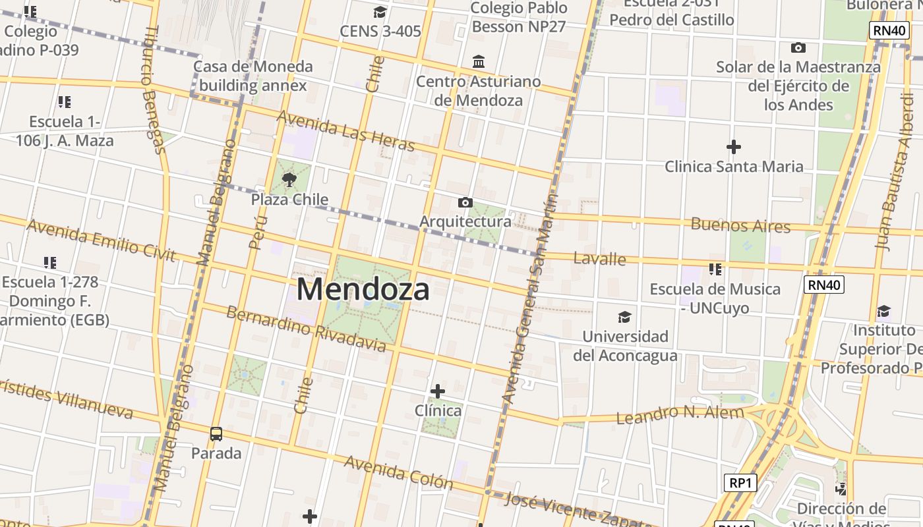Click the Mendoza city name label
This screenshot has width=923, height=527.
click(363, 289)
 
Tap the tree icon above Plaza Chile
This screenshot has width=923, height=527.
click(289, 179)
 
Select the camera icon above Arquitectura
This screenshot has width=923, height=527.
click(465, 202)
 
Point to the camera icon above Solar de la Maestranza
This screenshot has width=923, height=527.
click(798, 47)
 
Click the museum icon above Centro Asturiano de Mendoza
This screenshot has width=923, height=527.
click(479, 62)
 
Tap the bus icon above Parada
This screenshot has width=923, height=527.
click(216, 433)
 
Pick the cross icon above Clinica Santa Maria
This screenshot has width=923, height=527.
click(733, 147)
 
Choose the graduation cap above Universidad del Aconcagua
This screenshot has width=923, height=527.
click(624, 318)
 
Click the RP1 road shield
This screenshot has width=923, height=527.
click(740, 483)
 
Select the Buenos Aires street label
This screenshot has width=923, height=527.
click(740, 225)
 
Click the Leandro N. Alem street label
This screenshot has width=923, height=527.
click(680, 414)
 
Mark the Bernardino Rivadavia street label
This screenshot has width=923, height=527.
click(306, 328)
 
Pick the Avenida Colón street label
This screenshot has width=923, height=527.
click(399, 472)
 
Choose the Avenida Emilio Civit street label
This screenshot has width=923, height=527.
click(102, 240)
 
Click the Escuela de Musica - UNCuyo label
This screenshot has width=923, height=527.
click(715, 298)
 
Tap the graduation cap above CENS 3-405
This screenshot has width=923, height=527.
click(380, 13)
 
